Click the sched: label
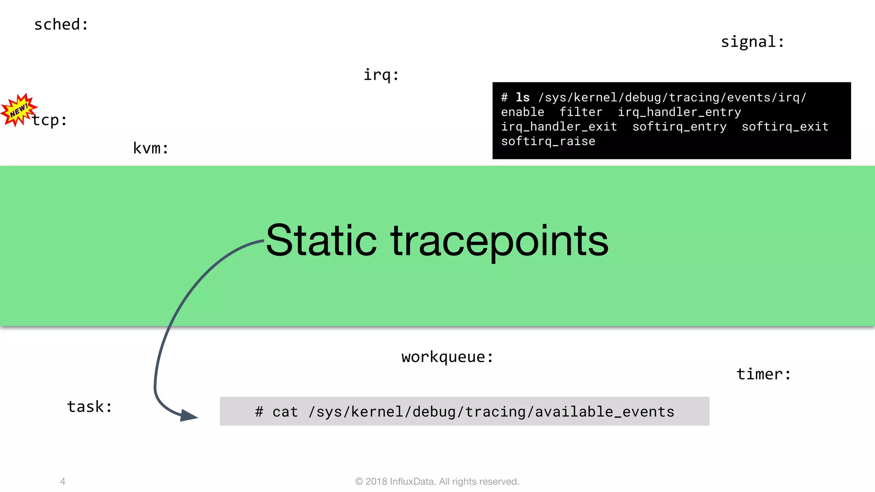[x=61, y=25]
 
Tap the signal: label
[x=752, y=42]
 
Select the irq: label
[x=381, y=75]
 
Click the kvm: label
[x=150, y=148]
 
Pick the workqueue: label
[x=447, y=357]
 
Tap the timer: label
[x=763, y=374]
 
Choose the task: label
[x=90, y=407]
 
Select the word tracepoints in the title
[x=499, y=242]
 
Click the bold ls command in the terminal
[x=523, y=97]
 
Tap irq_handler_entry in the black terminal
[x=679, y=112]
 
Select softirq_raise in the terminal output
[x=548, y=141]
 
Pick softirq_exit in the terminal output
[x=785, y=127]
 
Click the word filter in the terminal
[x=581, y=112]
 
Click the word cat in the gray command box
[x=285, y=412]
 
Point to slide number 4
[x=63, y=481]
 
